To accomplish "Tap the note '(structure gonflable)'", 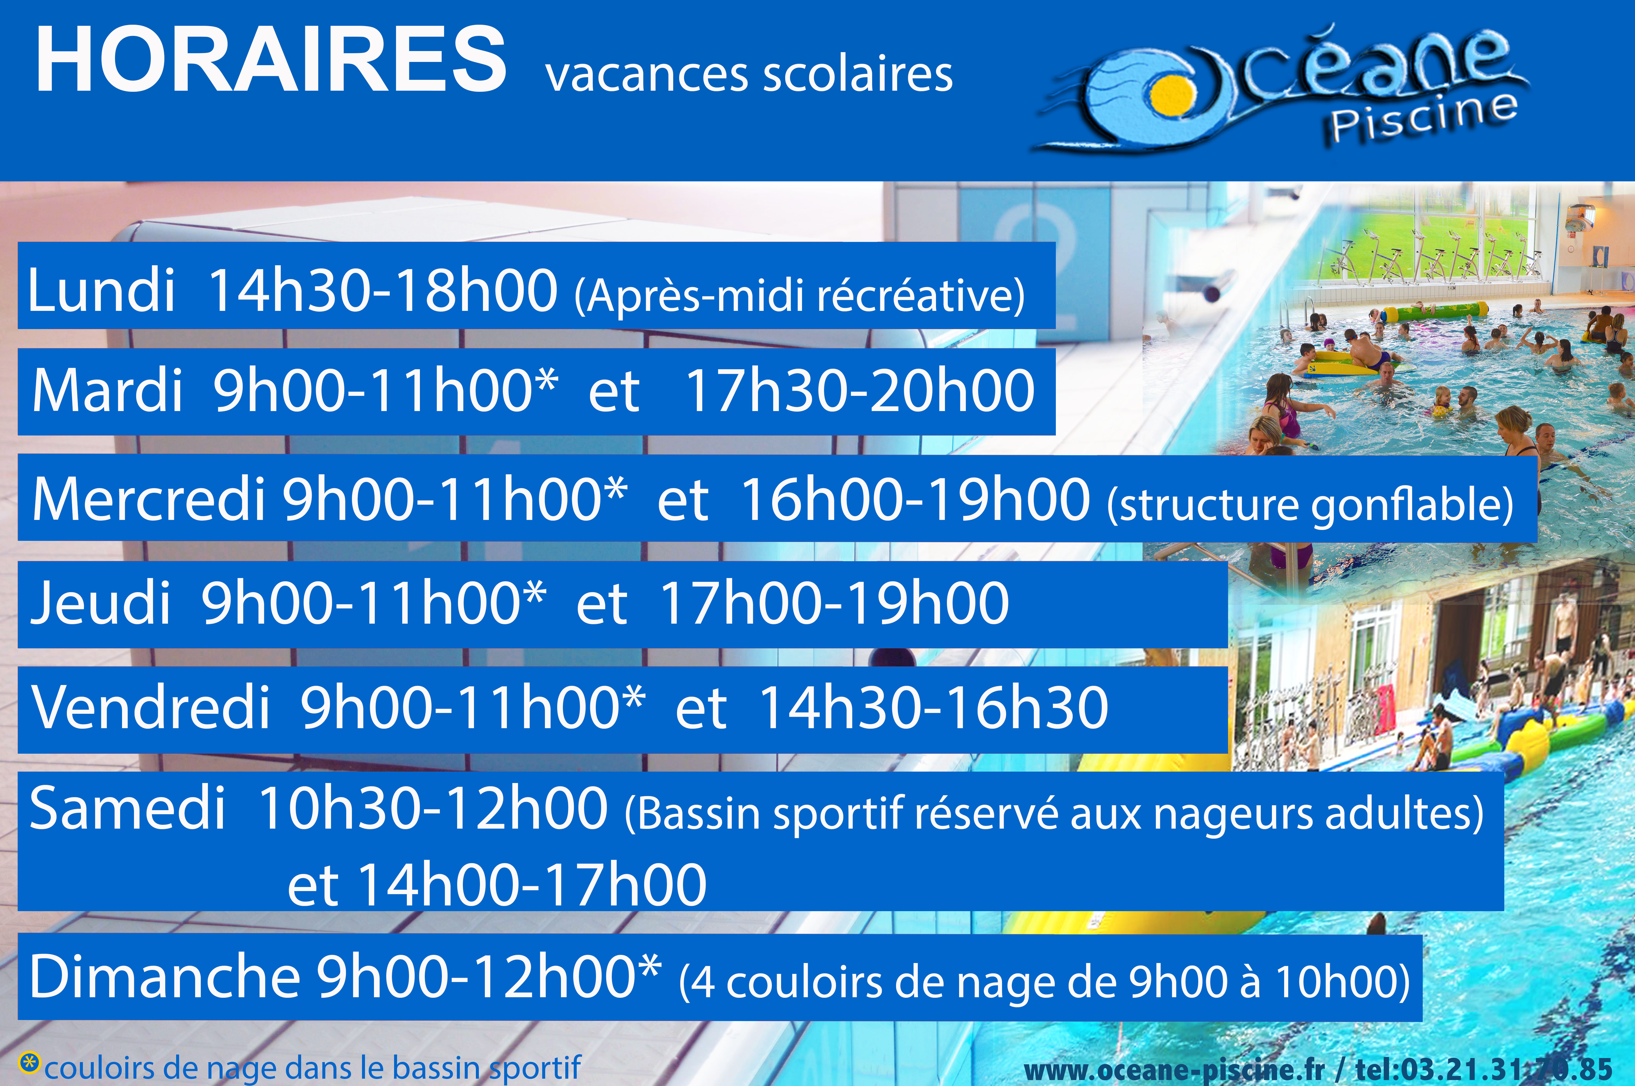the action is coord(1310,505).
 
